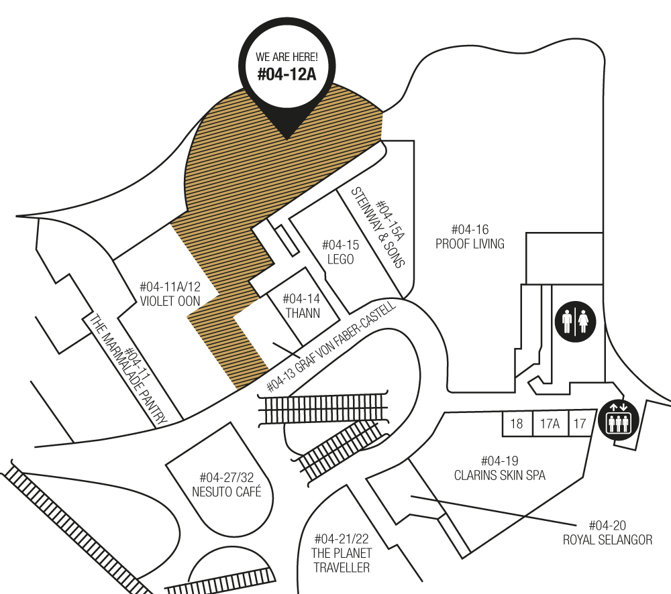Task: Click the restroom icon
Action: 576,322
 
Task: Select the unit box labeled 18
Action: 517,424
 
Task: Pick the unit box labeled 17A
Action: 550,424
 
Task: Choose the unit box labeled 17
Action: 580,424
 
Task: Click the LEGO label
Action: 341,259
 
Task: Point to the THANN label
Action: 303,313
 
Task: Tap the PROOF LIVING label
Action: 470,244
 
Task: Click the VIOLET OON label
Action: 170,301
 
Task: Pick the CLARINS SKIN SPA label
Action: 499,475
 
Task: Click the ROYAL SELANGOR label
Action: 607,540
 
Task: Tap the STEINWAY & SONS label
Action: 377,228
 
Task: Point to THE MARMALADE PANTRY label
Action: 127,369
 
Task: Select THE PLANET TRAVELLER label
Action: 342,560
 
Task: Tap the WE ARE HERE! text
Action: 287,57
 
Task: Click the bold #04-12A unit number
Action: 287,74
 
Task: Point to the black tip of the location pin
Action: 287,139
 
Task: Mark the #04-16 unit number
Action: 470,230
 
